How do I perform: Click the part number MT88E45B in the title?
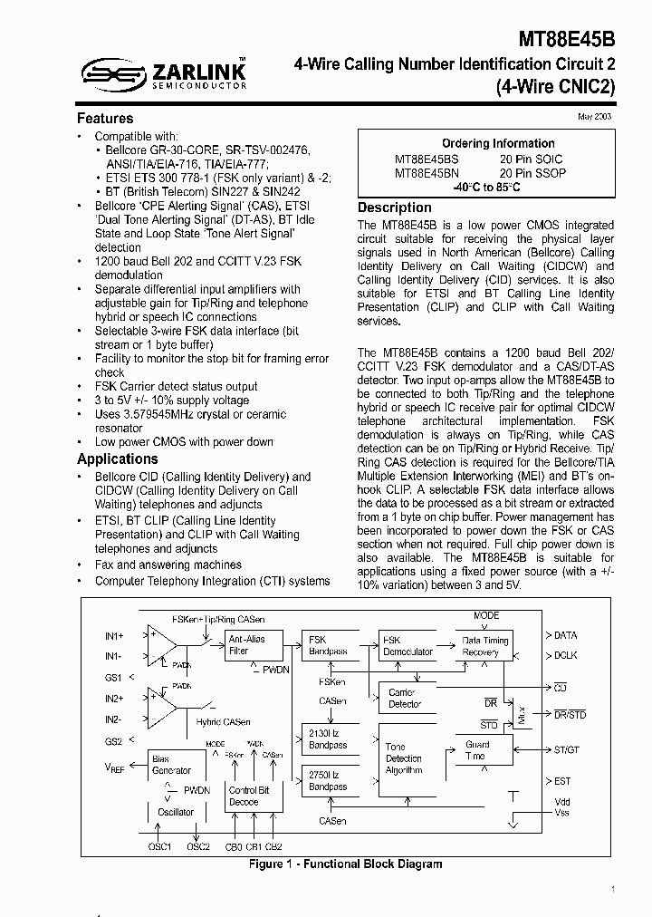(x=567, y=40)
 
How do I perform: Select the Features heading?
(x=105, y=119)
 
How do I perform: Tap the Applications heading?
(x=118, y=458)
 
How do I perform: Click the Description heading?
(x=394, y=208)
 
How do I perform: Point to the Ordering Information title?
(x=498, y=143)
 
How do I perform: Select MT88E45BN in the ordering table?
(x=427, y=172)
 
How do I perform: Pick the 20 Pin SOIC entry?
(x=531, y=159)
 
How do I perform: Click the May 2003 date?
(x=595, y=118)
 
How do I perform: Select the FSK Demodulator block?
(x=407, y=644)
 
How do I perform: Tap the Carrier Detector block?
(x=405, y=698)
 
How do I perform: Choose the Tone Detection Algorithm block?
(x=404, y=758)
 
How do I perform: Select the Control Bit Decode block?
(x=249, y=796)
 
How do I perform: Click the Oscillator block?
(x=176, y=812)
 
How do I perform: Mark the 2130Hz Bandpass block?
(x=328, y=738)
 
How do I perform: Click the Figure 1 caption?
(x=345, y=864)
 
